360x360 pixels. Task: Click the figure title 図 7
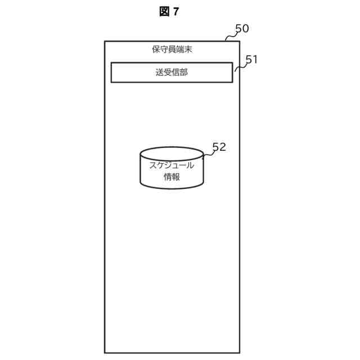169,12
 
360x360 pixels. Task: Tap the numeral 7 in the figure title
176,12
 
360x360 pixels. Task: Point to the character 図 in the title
164,12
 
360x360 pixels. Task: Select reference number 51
251,60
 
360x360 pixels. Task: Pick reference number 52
219,147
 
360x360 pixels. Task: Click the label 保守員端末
172,49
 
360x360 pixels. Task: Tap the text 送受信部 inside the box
172,73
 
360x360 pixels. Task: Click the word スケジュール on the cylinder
172,165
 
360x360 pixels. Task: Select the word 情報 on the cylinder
172,177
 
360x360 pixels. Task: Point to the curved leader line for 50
230,37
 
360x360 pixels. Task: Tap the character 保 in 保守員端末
156,49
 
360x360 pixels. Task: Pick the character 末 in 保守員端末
188,49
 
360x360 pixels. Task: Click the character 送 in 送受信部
160,73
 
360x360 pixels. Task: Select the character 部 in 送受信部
184,73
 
